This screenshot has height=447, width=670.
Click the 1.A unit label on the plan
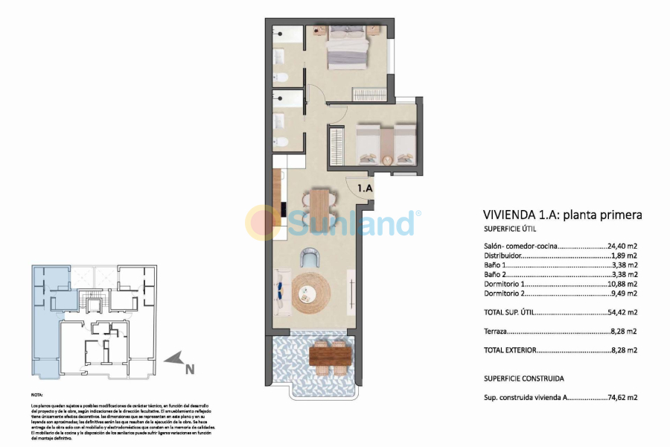point(365,189)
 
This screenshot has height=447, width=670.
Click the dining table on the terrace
point(330,355)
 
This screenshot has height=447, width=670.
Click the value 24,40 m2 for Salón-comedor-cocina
point(624,245)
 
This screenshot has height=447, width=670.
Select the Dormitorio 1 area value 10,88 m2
point(624,284)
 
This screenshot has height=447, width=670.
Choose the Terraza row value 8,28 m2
point(624,332)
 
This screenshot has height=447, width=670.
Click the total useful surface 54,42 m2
point(624,312)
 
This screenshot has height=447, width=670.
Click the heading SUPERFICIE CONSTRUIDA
point(523,378)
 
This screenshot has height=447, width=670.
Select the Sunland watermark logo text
point(350,222)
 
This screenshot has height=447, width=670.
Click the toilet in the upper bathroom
point(282,77)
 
